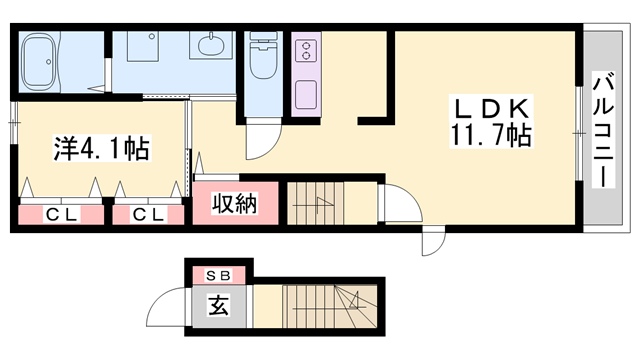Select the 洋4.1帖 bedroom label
pyautogui.click(x=101, y=150)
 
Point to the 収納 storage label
pyautogui.click(x=235, y=203)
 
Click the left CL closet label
pyautogui.click(x=60, y=213)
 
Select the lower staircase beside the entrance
pyautogui.click(x=331, y=305)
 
